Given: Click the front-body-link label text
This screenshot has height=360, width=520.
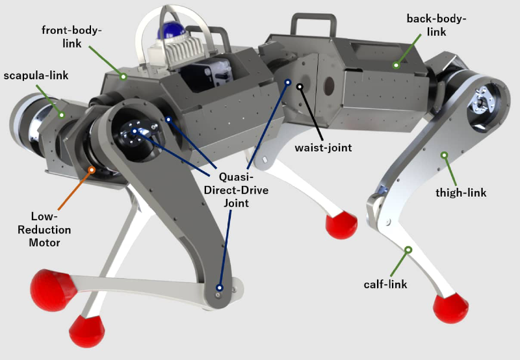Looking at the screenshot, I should click(72, 36).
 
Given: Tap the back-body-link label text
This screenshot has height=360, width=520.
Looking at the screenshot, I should click(436, 25).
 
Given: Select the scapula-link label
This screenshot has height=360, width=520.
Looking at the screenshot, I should click(36, 76).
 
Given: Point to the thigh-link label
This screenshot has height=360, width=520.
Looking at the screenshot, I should click(461, 192).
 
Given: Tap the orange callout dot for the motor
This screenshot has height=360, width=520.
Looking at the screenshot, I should click(92, 170).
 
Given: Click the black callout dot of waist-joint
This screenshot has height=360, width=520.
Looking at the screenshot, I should click(300, 86).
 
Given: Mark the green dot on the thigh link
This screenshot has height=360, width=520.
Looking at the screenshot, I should click(445, 155).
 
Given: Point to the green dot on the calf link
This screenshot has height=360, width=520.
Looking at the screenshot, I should click(408, 250).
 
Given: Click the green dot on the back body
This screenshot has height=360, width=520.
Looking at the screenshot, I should click(395, 65).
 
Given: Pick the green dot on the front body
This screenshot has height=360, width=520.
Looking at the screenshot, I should click(123, 75).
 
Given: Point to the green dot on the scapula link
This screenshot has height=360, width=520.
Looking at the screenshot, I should click(62, 115).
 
